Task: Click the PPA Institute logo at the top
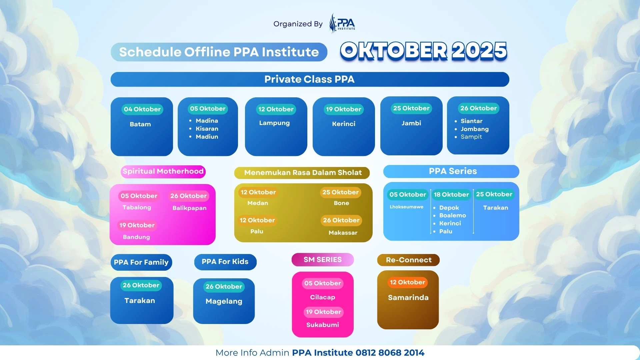click(342, 23)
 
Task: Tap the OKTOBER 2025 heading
click(424, 51)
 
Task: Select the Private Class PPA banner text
click(309, 79)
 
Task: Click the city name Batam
click(140, 124)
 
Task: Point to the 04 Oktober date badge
click(142, 109)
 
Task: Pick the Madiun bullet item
click(207, 137)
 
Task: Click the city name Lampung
click(274, 123)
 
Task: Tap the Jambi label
click(411, 123)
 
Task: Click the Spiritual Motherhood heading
click(163, 171)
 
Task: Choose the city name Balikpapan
click(189, 208)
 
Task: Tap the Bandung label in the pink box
click(136, 237)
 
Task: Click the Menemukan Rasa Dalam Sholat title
click(303, 173)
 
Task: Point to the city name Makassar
click(343, 233)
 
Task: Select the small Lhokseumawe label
click(406, 207)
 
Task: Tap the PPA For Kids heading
click(225, 262)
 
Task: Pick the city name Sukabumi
click(323, 325)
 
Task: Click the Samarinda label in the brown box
click(408, 298)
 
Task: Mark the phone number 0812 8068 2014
click(390, 353)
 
